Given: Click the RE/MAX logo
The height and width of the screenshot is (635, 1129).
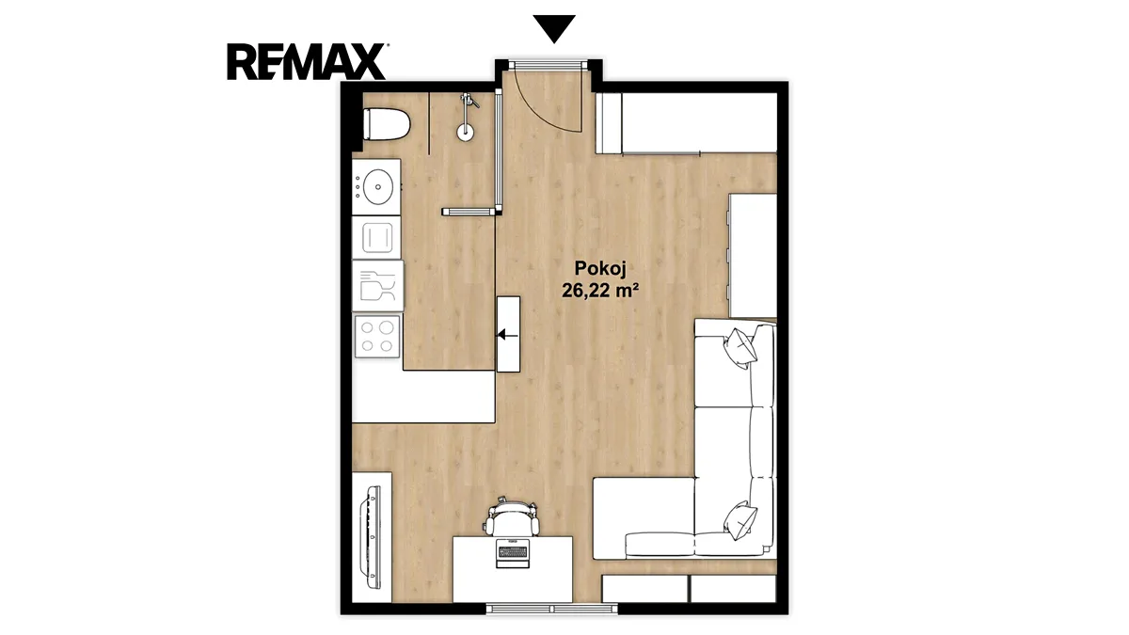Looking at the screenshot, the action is (x=307, y=61).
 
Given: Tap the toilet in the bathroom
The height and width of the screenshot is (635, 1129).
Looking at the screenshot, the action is (x=386, y=124).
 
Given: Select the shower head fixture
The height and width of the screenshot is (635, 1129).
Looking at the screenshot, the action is (x=467, y=117).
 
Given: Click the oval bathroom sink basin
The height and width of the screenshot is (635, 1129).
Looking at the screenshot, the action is (x=378, y=187).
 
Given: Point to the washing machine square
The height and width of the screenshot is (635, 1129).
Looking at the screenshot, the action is (x=376, y=237).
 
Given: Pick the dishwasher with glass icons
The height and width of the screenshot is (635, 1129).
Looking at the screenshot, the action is (x=377, y=286).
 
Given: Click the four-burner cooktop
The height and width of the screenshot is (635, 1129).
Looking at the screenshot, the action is (x=377, y=336).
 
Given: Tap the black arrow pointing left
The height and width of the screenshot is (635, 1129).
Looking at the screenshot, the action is (x=508, y=334).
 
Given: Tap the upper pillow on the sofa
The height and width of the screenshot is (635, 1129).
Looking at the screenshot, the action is (x=739, y=347).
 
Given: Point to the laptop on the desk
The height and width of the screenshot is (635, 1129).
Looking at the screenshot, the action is (x=513, y=553).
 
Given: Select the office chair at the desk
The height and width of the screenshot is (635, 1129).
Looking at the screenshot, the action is (x=512, y=517).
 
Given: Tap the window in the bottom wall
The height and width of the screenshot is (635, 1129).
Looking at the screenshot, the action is (x=552, y=609).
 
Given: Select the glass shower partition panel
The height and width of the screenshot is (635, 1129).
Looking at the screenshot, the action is (x=498, y=151).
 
